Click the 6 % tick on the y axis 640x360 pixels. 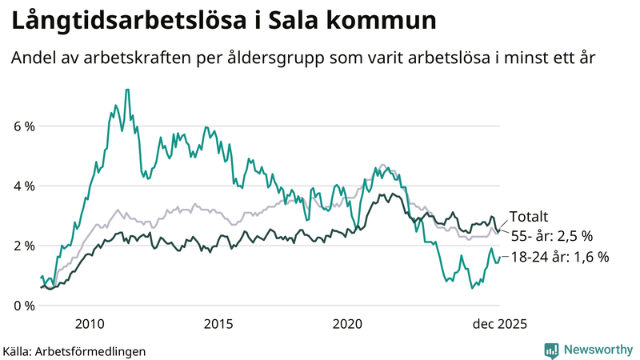pyautogui.click(x=24, y=126)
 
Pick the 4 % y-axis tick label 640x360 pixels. pyautogui.click(x=24, y=186)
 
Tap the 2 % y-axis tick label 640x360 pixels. pyautogui.click(x=24, y=246)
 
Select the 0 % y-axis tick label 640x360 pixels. pyautogui.click(x=24, y=305)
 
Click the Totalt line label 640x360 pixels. pyautogui.click(x=529, y=217)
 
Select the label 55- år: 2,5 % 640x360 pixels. pyautogui.click(x=551, y=236)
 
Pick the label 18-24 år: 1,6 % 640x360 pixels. pyautogui.click(x=559, y=257)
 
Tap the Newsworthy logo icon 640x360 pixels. pyautogui.click(x=551, y=350)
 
